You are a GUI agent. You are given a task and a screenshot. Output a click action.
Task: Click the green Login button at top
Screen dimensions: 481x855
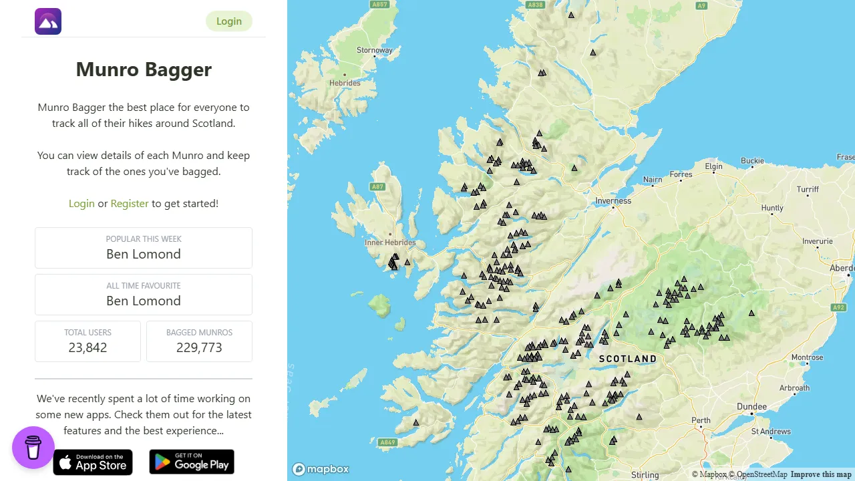point(228,21)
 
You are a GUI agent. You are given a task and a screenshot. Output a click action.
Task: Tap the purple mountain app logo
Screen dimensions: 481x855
point(48,21)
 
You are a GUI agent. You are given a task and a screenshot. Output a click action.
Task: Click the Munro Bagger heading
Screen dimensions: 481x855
point(144,69)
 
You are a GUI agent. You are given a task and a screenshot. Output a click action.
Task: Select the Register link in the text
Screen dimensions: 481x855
point(130,203)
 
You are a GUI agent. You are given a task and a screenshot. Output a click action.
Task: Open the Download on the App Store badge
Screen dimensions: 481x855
point(93,462)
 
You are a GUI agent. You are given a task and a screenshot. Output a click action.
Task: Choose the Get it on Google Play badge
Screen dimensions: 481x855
point(192,462)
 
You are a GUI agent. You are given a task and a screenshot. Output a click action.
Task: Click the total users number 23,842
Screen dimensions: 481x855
point(88,347)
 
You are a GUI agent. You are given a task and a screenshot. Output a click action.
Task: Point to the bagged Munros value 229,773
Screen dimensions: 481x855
point(199,347)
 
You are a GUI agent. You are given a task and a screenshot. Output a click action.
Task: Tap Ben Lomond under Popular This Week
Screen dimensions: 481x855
point(144,254)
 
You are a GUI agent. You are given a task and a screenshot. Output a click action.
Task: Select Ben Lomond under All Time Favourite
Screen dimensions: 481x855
point(144,301)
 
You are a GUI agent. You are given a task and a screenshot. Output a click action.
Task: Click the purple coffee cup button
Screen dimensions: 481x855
point(33,448)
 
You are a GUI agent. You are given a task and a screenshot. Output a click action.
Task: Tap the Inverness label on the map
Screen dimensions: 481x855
point(613,200)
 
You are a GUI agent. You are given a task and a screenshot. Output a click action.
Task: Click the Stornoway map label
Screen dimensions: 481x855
point(375,50)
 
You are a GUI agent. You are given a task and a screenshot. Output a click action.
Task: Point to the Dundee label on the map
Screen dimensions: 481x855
point(751,406)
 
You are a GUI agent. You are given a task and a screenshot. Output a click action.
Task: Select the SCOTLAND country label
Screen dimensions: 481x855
point(627,359)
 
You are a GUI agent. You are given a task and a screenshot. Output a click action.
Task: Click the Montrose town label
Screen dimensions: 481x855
point(807,357)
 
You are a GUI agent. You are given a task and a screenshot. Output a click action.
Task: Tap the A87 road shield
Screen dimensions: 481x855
point(378,187)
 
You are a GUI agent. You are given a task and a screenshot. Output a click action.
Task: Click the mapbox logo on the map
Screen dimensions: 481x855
point(321,469)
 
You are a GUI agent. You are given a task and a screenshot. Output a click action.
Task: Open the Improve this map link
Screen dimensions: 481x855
point(821,474)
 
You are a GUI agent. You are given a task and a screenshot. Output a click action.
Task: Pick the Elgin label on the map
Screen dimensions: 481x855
point(713,166)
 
